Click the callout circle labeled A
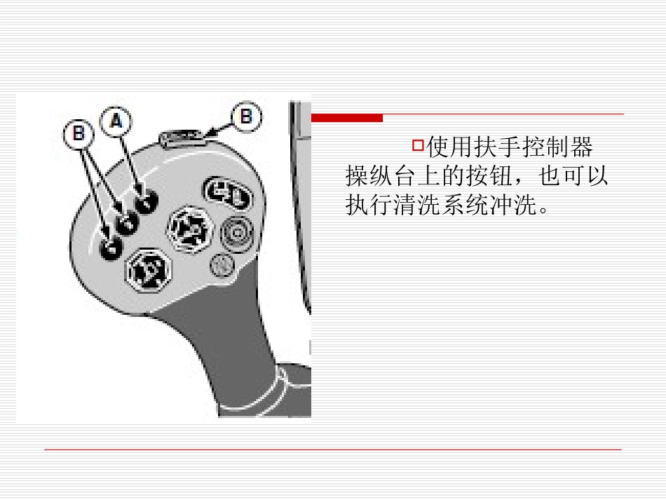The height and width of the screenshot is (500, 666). [x=116, y=122]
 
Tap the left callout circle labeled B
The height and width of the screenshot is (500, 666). [x=79, y=134]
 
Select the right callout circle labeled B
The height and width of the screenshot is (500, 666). [x=246, y=116]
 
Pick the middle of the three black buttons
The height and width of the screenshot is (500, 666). [x=127, y=223]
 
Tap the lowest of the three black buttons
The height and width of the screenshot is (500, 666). [x=111, y=248]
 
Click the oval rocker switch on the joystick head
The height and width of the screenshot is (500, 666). [x=227, y=193]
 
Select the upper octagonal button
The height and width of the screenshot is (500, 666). [x=189, y=229]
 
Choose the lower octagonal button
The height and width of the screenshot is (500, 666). [x=148, y=271]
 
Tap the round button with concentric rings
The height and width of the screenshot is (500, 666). [x=237, y=233]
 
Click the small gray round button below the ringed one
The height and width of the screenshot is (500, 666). [x=222, y=265]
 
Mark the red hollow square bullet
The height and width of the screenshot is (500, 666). [x=418, y=145]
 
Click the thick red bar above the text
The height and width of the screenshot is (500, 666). [x=347, y=118]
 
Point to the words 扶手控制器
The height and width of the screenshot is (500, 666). [x=533, y=147]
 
